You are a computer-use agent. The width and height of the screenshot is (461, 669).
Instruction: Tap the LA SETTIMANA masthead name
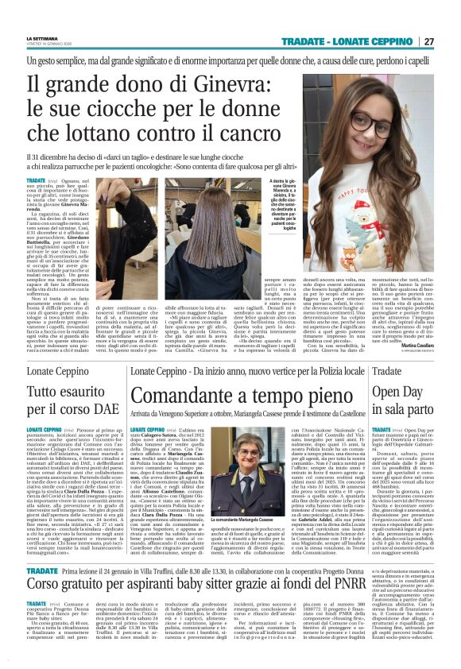(x=41, y=38)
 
